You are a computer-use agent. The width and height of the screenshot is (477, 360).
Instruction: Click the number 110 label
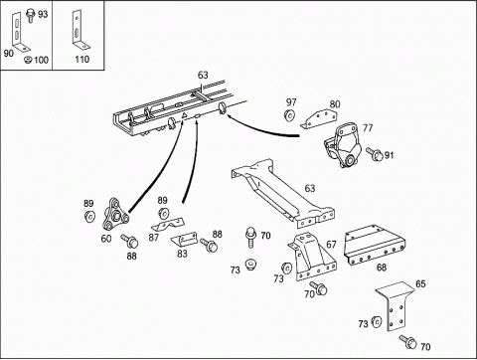pos(81,60)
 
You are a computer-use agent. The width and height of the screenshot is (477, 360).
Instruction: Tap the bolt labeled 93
pos(30,16)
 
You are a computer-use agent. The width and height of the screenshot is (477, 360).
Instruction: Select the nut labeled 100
pos(28,60)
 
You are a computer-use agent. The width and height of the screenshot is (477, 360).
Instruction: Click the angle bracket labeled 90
pos(20,32)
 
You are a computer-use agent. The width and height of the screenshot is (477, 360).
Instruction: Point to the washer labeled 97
pos(290,115)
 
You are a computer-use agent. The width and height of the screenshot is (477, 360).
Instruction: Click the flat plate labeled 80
pos(319,119)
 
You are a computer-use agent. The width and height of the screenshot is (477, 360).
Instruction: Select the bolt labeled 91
pos(375,153)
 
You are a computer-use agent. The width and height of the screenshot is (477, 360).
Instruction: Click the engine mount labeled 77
pos(342,145)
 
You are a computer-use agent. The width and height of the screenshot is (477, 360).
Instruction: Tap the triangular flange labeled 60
pos(114,214)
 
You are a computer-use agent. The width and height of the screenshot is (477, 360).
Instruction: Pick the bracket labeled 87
pos(167,224)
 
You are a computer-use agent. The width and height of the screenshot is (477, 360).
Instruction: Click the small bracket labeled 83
pos(184,239)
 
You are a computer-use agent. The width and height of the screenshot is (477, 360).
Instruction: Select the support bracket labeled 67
pos(311,257)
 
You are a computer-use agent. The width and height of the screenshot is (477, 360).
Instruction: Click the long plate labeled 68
pos(375,245)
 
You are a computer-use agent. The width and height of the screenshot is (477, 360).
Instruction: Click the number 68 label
pos(382,268)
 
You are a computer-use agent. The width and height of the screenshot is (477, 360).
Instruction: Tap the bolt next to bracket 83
pos(209,246)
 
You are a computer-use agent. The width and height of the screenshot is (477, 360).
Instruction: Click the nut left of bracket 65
pos(376,322)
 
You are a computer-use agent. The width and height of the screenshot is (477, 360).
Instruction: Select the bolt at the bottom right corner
pos(408,342)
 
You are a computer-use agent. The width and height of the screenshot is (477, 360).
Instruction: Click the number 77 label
pos(368,128)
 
